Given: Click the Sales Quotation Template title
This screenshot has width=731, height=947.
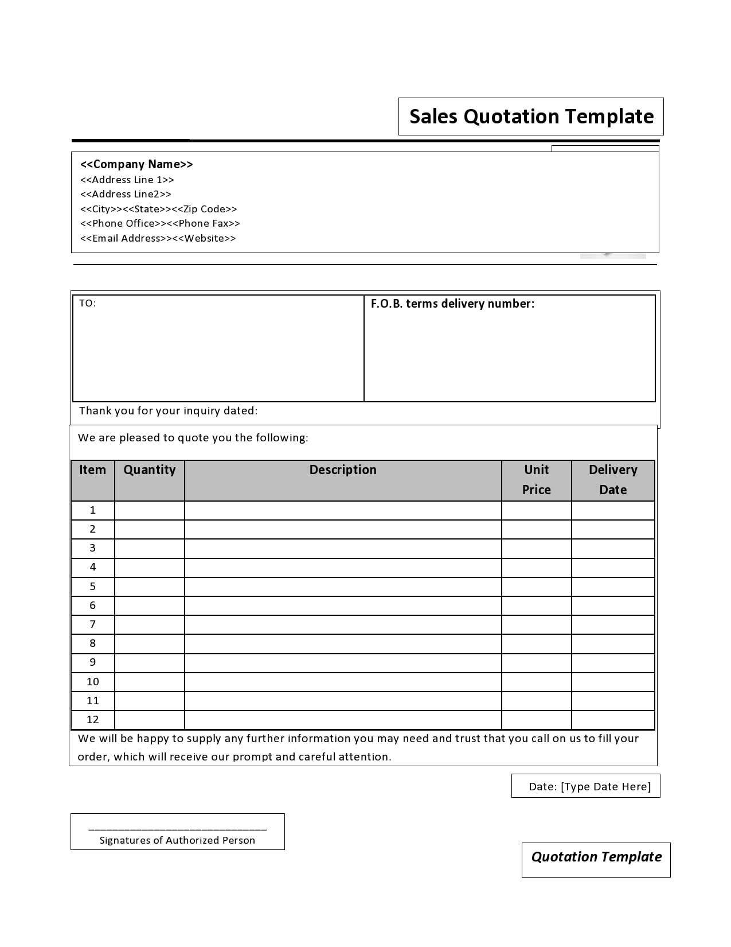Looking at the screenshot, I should (x=531, y=117).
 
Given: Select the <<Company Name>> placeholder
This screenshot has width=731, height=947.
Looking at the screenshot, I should (x=136, y=164).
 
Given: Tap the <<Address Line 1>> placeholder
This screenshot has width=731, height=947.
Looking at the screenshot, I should (x=127, y=180).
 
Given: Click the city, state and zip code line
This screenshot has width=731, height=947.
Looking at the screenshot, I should (x=158, y=209).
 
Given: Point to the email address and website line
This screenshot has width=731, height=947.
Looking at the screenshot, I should (x=158, y=238).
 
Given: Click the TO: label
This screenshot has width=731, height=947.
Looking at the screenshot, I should (x=88, y=304).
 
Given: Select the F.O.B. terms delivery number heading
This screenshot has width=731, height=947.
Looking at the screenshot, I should (x=452, y=304).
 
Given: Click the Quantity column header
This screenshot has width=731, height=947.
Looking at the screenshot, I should (x=150, y=470).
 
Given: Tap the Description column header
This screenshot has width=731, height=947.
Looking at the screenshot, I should (x=343, y=470).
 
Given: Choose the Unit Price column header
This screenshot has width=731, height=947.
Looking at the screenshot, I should (x=537, y=480).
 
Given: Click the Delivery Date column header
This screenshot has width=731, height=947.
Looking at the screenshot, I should (x=613, y=480).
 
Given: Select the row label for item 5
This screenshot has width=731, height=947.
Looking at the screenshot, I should (x=93, y=587).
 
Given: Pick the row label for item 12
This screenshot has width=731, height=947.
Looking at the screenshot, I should (x=93, y=720).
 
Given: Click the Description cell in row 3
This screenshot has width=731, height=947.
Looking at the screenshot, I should (x=343, y=548).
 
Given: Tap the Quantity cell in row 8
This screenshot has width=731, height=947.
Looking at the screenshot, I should (x=150, y=643).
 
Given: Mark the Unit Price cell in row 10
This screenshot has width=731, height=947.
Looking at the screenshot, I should (x=537, y=682).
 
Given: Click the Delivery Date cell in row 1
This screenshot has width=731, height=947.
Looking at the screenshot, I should (x=613, y=510).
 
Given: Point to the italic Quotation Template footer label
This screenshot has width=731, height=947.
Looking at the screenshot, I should (x=596, y=857).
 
